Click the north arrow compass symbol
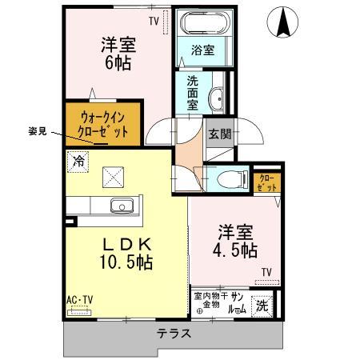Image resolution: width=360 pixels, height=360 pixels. [283, 22]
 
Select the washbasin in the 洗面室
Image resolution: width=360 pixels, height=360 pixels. [217, 99]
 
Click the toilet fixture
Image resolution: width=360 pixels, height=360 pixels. [229, 178]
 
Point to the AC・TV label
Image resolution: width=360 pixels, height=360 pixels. [79, 299]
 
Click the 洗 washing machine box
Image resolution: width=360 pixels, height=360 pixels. [261, 305]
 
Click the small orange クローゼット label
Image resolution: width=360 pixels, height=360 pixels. [266, 181]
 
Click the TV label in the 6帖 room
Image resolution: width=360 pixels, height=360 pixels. [154, 20]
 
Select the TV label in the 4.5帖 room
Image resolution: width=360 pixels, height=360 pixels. [266, 272]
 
